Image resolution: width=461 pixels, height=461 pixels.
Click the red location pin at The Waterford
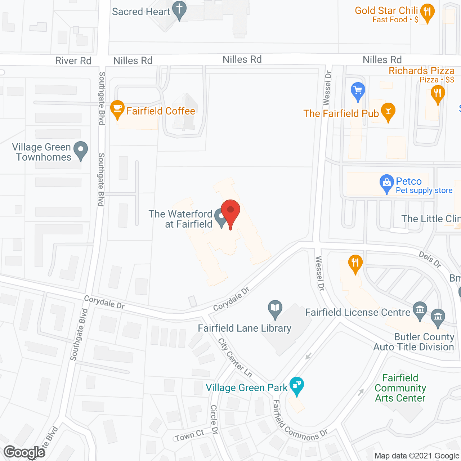coord(230,211)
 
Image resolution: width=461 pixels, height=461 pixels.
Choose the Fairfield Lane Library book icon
coord(275,308)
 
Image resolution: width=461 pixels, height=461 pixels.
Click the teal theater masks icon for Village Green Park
coord(297,385)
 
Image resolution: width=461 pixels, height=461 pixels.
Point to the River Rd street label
coord(73,61)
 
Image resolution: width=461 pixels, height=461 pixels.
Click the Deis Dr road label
coord(430,259)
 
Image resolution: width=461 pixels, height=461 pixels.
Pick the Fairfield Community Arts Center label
coord(400,388)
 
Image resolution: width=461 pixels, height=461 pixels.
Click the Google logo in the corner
coord(24,452)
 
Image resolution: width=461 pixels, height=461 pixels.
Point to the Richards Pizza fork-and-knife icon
coord(438,94)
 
